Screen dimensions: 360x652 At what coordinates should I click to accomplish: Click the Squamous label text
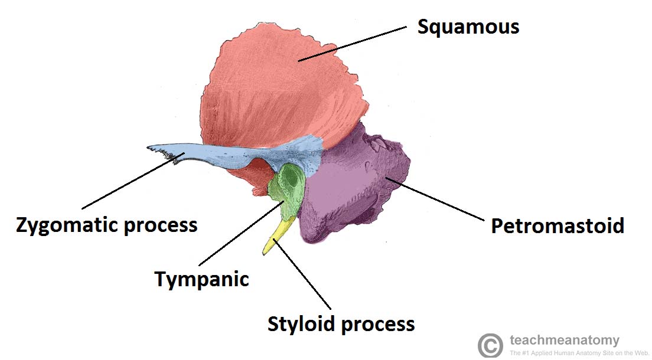coord(468,27)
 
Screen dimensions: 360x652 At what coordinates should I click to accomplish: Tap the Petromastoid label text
coord(558,225)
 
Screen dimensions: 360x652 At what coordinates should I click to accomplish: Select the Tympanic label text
coord(202,279)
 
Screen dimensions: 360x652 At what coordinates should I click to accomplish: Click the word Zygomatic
coord(64,225)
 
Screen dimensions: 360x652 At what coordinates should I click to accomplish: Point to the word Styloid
coord(303,324)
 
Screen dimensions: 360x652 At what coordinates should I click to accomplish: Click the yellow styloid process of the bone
coord(278,236)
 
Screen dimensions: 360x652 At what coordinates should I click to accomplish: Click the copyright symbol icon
coord(490,345)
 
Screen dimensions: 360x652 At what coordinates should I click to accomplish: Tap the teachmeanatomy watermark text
coord(565,340)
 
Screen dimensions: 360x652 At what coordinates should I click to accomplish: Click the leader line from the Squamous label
coord(354,42)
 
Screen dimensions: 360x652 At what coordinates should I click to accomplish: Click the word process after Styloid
coord(379,324)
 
